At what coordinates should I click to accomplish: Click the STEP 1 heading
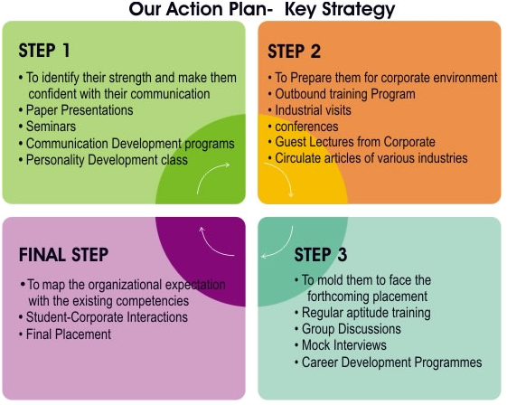(x=44, y=51)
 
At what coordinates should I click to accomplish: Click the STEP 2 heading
(x=294, y=52)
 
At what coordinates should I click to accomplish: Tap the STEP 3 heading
(x=321, y=255)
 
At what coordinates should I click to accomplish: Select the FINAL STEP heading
(x=63, y=255)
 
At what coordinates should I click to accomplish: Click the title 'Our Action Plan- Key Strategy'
(x=262, y=9)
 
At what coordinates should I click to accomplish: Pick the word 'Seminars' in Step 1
(x=51, y=127)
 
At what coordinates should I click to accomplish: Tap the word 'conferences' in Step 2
(x=306, y=127)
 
